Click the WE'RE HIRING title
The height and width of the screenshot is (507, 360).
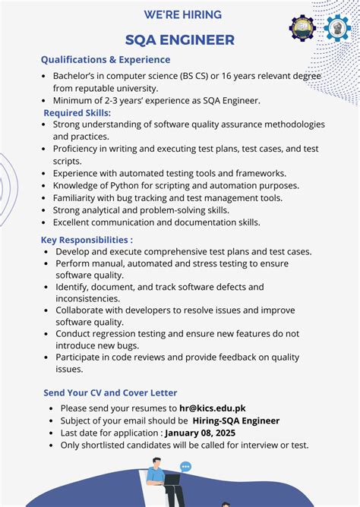coord(183,14)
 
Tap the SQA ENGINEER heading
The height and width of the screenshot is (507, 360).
coord(180,40)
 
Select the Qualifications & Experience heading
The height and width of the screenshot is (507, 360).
coord(106,59)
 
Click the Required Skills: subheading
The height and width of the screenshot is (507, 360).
coord(77,112)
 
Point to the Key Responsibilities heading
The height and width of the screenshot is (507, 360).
coord(87,240)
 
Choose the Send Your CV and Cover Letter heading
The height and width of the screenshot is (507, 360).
coord(110,392)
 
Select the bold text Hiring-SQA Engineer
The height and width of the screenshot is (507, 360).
coord(235,420)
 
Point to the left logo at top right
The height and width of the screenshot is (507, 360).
coord(302,28)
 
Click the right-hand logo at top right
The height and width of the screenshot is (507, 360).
coord(336,28)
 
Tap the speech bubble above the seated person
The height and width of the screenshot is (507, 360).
coord(186,468)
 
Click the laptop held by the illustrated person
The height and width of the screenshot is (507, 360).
coord(172,480)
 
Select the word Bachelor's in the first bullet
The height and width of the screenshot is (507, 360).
coord(75,76)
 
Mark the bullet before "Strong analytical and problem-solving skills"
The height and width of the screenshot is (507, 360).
coord(44,210)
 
